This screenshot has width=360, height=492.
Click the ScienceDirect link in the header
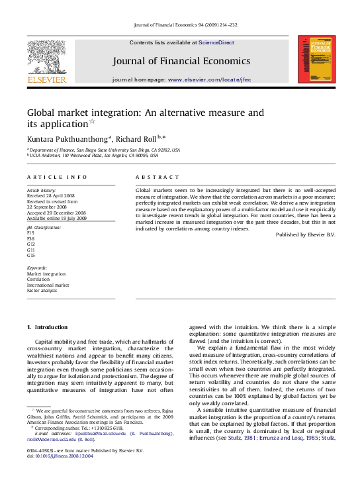[x=216, y=42]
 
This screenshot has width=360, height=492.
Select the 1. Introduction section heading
[x=47, y=328]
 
